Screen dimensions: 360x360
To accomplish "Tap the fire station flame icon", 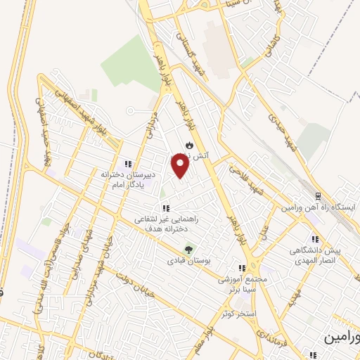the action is (x=188, y=146).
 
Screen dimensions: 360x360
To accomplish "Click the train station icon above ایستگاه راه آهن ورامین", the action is (x=317, y=196).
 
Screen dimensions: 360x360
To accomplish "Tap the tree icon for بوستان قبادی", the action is (x=188, y=250).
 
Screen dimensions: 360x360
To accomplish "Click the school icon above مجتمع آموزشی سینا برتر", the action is (x=242, y=268).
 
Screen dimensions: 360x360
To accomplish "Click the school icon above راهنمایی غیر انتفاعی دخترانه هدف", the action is (x=166, y=208).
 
